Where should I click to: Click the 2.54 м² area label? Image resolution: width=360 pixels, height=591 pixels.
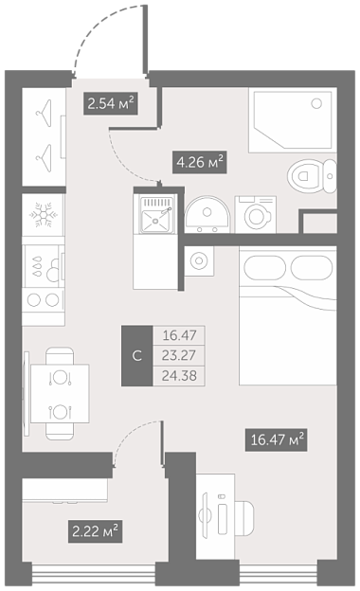tap(111, 103)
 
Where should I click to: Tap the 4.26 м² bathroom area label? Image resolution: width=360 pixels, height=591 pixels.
tap(199, 162)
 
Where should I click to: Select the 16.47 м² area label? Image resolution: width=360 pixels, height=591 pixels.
tap(276, 439)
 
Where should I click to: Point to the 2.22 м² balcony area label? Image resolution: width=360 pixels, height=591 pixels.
tap(95, 531)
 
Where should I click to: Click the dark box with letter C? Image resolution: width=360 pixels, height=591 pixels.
tap(136, 356)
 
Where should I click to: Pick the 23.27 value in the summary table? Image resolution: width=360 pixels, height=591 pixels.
tap(179, 355)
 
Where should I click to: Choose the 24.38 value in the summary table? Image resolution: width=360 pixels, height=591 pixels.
tap(179, 376)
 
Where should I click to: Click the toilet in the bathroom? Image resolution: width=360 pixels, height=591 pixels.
tap(312, 176)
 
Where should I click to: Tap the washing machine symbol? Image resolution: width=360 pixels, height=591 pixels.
tap(256, 214)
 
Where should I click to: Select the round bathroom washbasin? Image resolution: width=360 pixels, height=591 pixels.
tap(207, 215)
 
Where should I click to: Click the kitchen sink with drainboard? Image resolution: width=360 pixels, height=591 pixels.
tap(156, 214)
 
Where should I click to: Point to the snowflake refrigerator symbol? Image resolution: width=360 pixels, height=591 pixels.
tap(44, 215)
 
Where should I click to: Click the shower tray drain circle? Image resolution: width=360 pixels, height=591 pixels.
tap(316, 102)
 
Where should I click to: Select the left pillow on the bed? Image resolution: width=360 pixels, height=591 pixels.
tap(264, 268)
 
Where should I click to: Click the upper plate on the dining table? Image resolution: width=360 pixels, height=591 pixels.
tap(60, 377)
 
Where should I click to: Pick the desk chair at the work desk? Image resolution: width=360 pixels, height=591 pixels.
tap(243, 518)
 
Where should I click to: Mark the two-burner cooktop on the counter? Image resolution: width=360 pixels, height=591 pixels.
tap(43, 300)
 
